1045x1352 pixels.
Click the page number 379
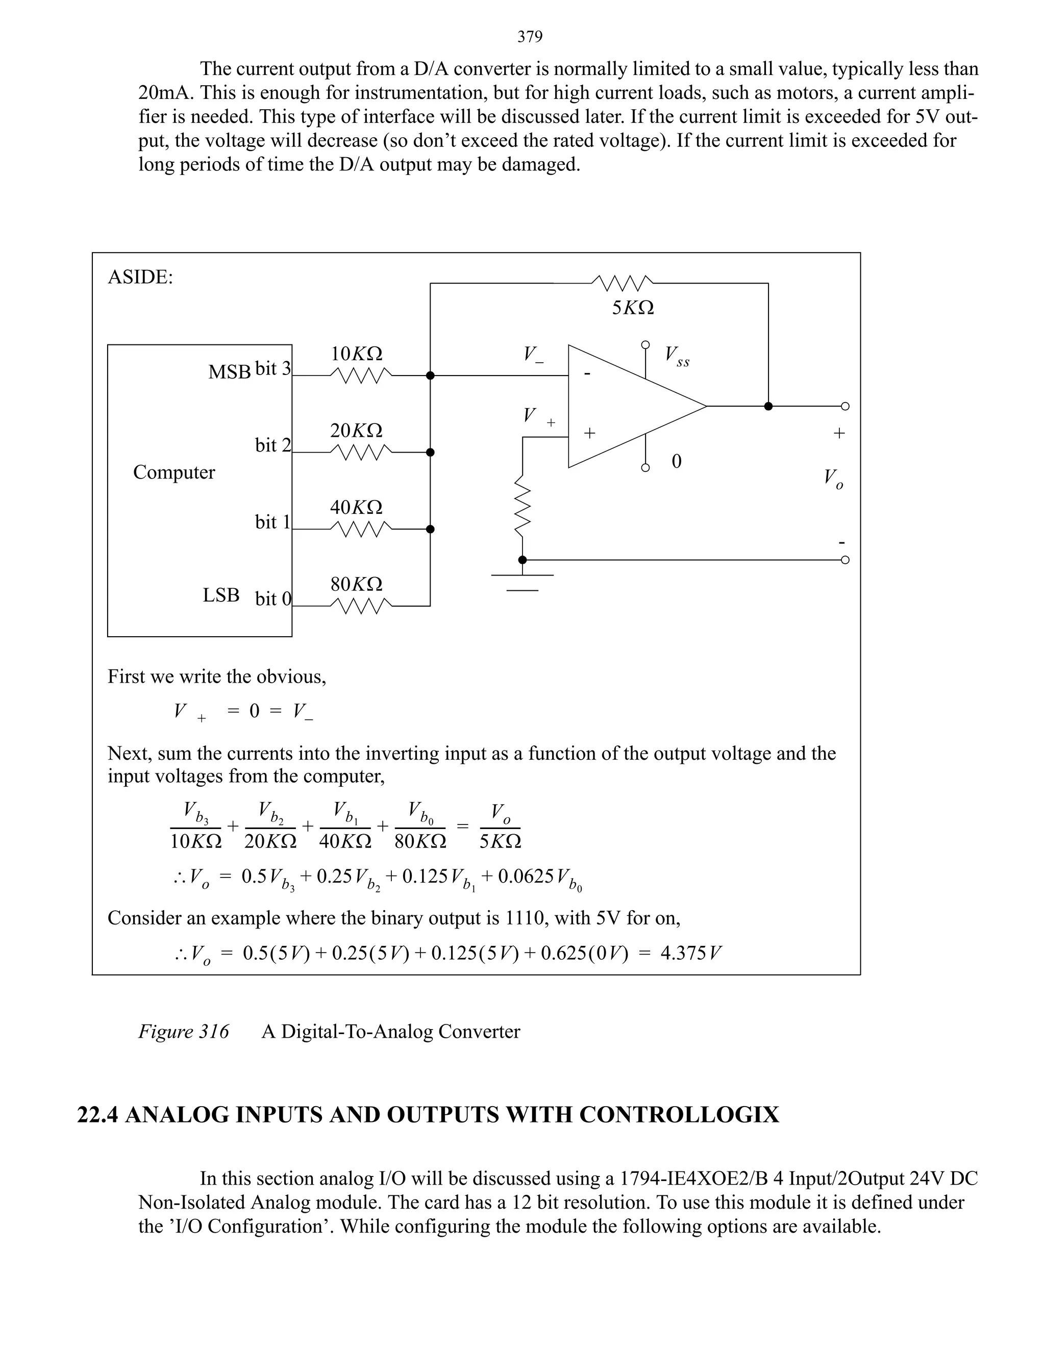click(530, 37)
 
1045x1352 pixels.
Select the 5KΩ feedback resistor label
click(633, 308)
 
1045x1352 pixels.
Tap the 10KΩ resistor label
click(356, 354)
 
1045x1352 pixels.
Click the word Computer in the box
click(174, 472)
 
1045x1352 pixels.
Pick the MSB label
click(229, 372)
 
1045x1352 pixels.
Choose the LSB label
click(221, 595)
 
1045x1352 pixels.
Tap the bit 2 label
click(272, 445)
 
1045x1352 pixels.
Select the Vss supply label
click(677, 356)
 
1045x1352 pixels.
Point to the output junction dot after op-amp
click(768, 406)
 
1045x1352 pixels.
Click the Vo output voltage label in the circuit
click(833, 478)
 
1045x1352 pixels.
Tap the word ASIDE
click(140, 277)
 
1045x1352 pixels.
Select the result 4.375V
click(690, 953)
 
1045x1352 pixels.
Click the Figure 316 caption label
click(183, 1031)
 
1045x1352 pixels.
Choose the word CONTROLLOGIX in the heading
click(679, 1115)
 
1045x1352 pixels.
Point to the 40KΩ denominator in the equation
click(345, 841)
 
